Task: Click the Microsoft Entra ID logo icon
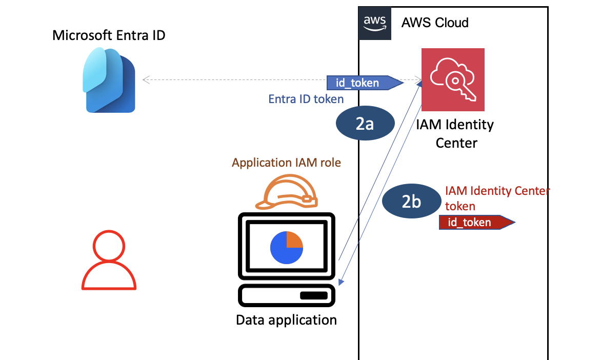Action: tap(109, 79)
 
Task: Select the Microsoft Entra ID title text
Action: tap(109, 36)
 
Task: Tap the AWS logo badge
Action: tap(375, 23)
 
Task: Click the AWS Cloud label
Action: tap(435, 23)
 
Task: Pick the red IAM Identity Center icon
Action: tap(453, 79)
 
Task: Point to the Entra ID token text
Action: tap(306, 99)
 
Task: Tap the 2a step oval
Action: tap(365, 124)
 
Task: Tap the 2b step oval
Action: tap(411, 202)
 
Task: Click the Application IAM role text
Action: tap(286, 163)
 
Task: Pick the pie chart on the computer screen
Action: tap(286, 247)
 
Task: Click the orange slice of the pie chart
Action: tap(294, 239)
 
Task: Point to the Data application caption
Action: tap(286, 321)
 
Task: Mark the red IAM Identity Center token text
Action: tap(496, 198)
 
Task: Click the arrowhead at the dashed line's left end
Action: tap(146, 79)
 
